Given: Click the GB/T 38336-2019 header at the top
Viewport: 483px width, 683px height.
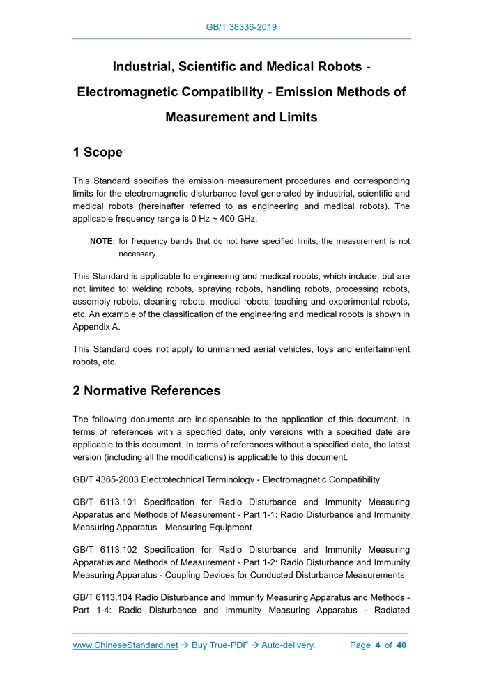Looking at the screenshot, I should [242, 27].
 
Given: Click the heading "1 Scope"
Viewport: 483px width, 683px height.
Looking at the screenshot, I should [98, 152].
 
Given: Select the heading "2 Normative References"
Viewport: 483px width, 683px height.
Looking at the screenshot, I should [146, 391].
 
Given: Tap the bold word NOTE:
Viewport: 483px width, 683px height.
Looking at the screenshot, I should [102, 242].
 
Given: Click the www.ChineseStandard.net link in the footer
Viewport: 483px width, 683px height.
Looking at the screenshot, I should [125, 645].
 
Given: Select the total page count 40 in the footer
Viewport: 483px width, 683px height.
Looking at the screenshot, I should [401, 645].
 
